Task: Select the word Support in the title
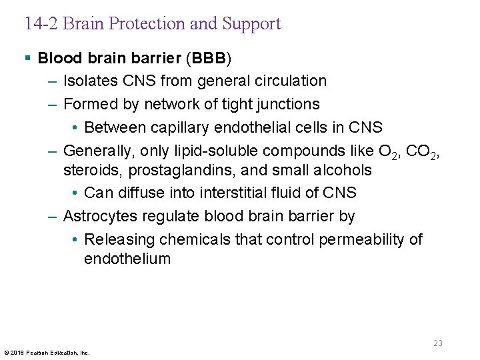[251, 24]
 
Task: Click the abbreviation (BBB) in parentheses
[210, 58]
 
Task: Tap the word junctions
[287, 104]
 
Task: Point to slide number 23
[438, 343]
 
